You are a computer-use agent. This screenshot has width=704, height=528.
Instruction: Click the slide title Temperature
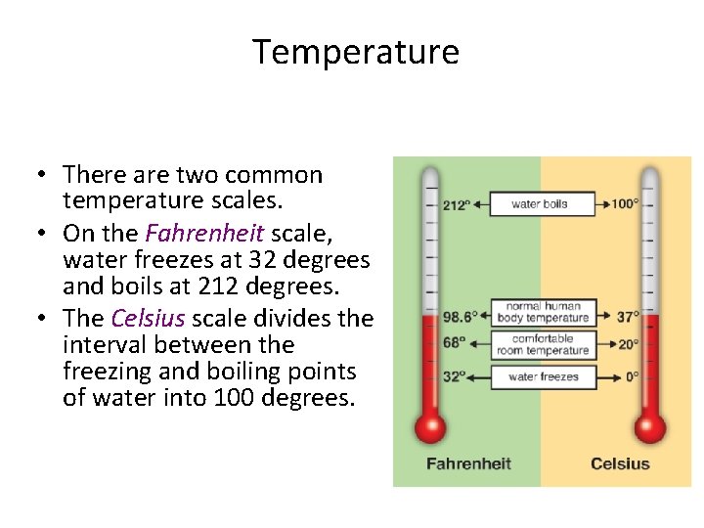(x=356, y=52)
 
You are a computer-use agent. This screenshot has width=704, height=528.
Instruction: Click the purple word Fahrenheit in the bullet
(x=204, y=234)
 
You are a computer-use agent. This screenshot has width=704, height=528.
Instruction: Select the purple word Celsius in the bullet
(x=148, y=319)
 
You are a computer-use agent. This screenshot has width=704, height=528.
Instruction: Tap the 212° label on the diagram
(x=457, y=205)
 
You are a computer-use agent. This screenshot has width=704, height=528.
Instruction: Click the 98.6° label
(x=460, y=317)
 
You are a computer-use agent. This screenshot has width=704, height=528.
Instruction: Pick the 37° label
(x=628, y=317)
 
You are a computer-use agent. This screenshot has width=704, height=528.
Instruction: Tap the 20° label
(x=628, y=343)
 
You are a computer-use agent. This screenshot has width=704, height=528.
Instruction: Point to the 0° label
(x=632, y=376)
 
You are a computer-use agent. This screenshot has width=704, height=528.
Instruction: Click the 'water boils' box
(x=540, y=204)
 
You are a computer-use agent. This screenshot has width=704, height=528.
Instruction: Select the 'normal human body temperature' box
(x=543, y=312)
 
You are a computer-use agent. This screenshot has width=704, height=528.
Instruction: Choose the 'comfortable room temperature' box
(x=543, y=344)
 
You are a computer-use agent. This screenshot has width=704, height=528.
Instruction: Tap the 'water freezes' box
(x=544, y=376)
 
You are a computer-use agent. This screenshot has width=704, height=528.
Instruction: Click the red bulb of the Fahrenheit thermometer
(x=430, y=427)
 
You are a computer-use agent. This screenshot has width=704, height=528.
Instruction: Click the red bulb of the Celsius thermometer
(x=650, y=427)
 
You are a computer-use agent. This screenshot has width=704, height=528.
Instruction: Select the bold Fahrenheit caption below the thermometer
(x=468, y=463)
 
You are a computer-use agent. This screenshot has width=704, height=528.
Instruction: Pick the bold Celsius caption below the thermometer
(x=620, y=463)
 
